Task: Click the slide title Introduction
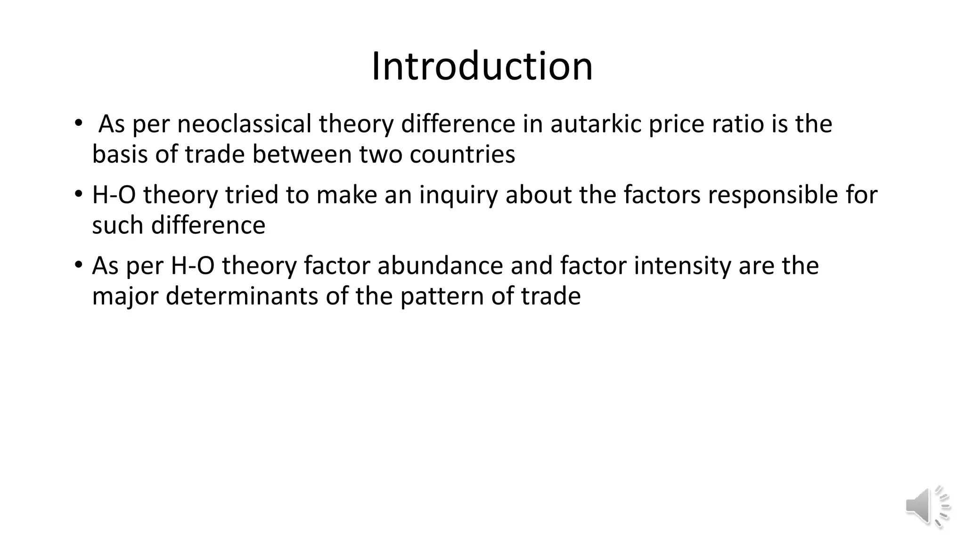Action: click(482, 66)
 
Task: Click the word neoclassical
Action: click(244, 124)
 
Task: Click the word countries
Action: click(462, 155)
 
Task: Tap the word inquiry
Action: click(458, 196)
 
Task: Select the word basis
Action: click(120, 155)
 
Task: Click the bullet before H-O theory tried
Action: click(78, 195)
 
